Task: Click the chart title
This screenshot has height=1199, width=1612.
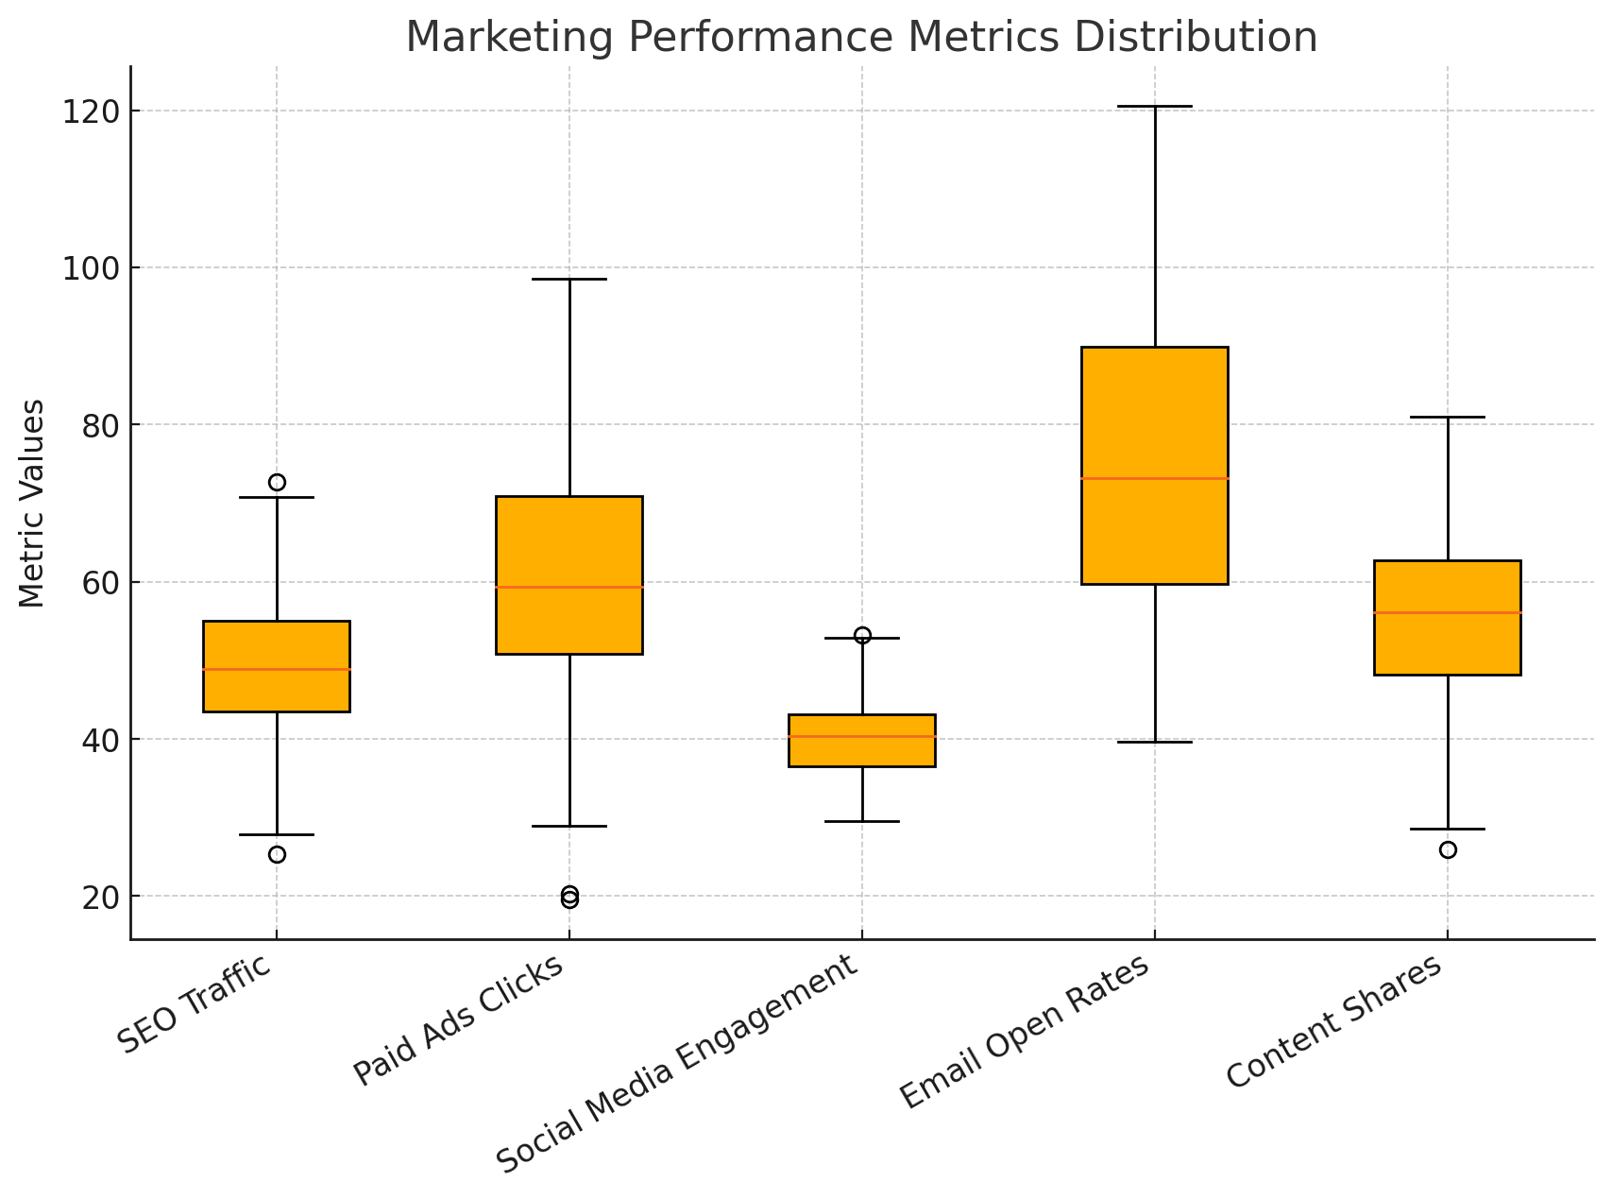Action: coord(861,38)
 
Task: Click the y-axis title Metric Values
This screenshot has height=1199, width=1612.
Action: coord(32,503)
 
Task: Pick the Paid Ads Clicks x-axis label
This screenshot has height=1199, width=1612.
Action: coord(460,1019)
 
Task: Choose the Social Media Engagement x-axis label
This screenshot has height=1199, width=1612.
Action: coord(679,1062)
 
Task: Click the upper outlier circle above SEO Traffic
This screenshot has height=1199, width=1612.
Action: coord(277,482)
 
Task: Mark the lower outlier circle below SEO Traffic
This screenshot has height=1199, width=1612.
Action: coord(277,854)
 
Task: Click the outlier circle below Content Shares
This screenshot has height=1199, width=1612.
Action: coord(1448,849)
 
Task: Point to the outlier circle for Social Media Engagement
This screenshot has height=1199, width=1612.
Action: coord(862,635)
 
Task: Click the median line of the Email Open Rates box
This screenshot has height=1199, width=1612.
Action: coord(1155,478)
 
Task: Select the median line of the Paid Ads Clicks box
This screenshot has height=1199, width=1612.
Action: coord(569,587)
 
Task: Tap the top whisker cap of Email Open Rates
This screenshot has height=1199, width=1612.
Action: coord(1155,107)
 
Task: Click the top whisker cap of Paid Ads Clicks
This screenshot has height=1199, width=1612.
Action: coord(569,280)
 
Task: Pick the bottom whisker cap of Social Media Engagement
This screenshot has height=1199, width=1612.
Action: coord(862,821)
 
